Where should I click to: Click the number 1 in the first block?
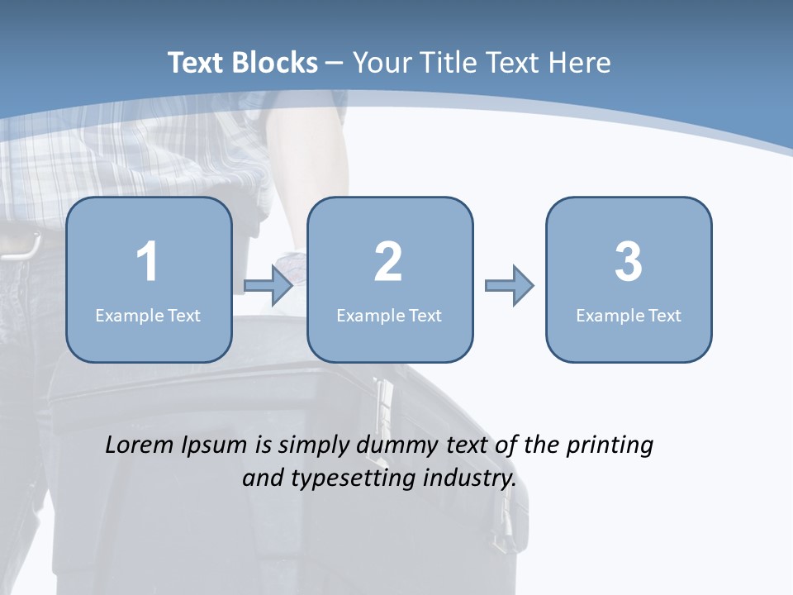point(148,263)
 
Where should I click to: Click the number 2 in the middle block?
point(388,263)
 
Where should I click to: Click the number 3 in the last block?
point(629,263)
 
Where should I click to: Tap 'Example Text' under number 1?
point(148,316)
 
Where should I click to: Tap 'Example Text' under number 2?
point(389,316)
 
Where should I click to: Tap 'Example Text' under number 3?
point(629,316)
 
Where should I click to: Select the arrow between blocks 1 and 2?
point(269,286)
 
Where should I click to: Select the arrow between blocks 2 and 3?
point(510,286)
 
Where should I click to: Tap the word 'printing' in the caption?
point(610,446)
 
